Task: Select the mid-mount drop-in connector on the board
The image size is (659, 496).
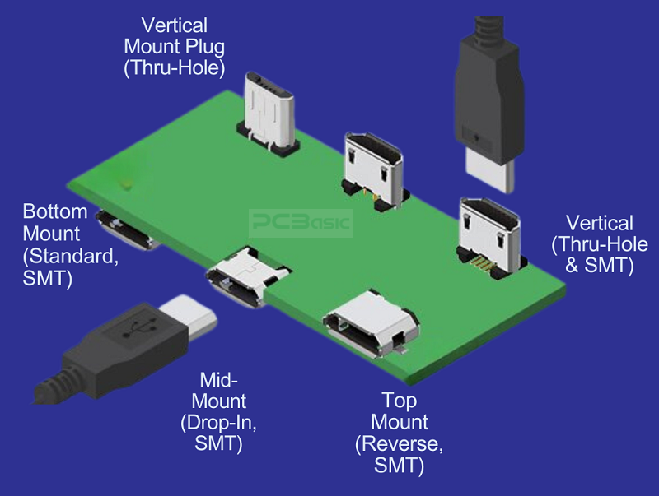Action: coord(245,276)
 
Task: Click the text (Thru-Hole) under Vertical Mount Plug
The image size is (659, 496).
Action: coord(175,67)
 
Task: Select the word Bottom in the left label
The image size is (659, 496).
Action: coord(55,211)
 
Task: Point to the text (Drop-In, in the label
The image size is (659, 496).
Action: coord(218,424)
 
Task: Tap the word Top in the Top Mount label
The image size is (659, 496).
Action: coord(399,401)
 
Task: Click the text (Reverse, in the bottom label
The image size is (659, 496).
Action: coord(399,445)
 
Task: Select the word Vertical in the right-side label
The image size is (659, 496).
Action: coord(599,223)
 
